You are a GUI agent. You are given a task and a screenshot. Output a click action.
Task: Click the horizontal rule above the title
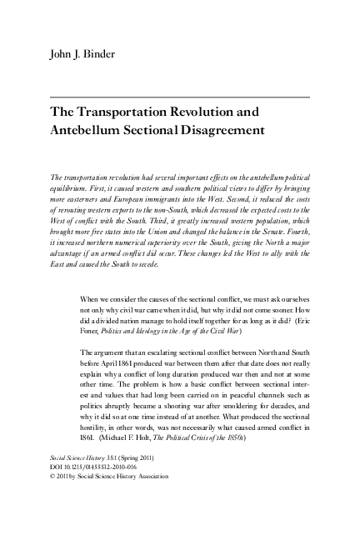pos(179,98)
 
